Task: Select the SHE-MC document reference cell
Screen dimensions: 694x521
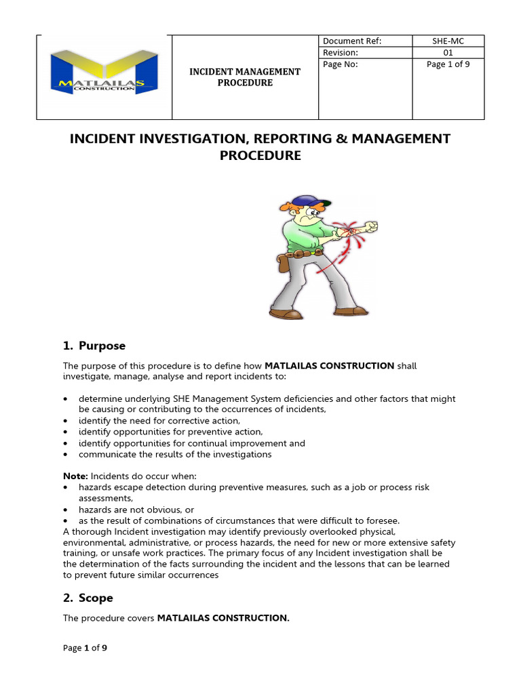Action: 448,41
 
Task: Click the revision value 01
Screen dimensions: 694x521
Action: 448,53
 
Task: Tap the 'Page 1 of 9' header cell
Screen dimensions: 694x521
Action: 448,65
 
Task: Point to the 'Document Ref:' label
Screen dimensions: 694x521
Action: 352,41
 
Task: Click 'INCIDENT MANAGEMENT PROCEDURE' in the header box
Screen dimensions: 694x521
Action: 244,77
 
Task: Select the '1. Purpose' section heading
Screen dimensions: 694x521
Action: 94,346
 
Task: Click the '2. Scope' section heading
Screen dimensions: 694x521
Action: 88,598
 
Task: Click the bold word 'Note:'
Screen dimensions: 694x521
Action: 75,476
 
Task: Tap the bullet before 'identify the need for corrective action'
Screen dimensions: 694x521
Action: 65,421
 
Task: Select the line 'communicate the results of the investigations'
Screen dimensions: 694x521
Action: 175,454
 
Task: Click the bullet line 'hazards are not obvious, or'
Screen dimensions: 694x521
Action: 136,510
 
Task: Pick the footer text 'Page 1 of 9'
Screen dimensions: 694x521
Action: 85,648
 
